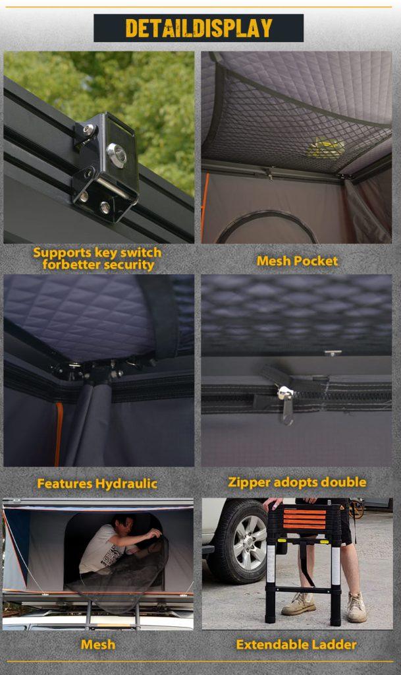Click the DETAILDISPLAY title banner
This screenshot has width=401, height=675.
pos(199,28)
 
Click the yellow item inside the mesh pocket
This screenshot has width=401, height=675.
pos(326,147)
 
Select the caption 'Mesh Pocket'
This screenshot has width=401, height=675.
pos(297,261)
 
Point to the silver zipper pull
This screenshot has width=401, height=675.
pos(285,393)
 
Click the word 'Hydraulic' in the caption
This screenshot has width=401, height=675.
pos(127,484)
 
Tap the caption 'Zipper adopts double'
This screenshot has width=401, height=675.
pos(297,482)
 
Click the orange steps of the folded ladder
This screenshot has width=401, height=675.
pos(305,519)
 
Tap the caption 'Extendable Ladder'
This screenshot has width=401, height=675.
pos(296,645)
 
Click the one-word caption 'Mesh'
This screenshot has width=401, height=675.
pos(98,645)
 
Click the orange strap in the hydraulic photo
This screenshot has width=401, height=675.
pos(58,434)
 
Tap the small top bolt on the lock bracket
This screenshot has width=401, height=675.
pos(89,129)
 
